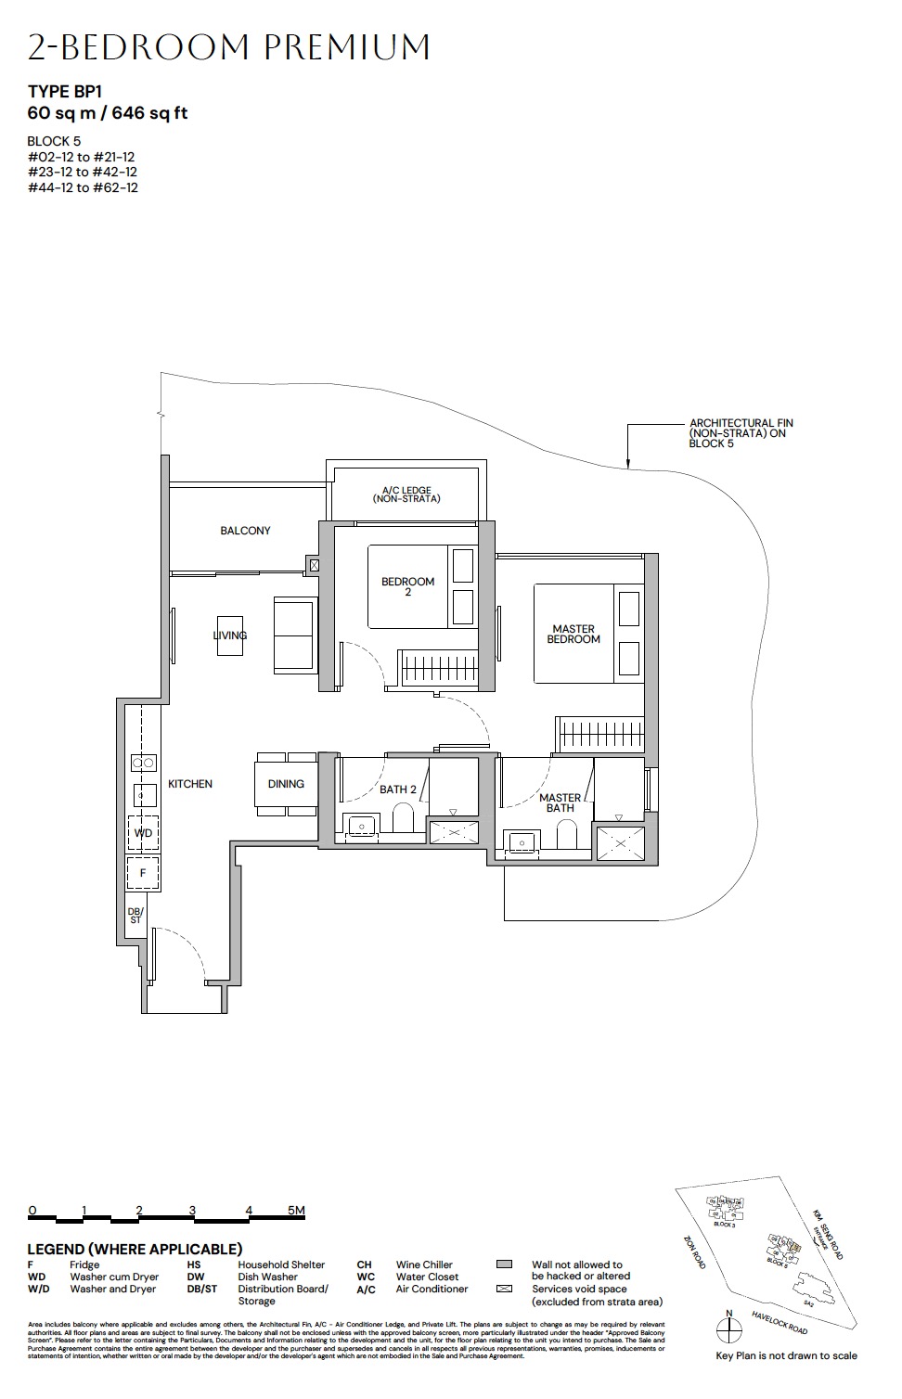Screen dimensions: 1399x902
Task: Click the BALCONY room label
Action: pyautogui.click(x=245, y=531)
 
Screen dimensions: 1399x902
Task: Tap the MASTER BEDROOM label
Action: pyautogui.click(x=573, y=635)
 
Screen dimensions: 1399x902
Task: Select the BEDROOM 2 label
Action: pyautogui.click(x=407, y=586)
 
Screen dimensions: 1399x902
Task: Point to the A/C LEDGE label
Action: pyautogui.click(x=406, y=494)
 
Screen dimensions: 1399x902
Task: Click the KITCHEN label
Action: pyautogui.click(x=190, y=784)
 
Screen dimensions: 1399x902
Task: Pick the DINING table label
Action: pyautogui.click(x=286, y=784)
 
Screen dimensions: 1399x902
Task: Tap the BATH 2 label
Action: pyautogui.click(x=398, y=789)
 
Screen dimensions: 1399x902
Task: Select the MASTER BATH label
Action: pyautogui.click(x=560, y=802)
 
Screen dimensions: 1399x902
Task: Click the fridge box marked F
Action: pyautogui.click(x=143, y=873)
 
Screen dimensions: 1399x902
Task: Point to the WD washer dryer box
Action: pyautogui.click(x=143, y=833)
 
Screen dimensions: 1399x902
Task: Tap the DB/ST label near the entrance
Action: pyautogui.click(x=135, y=916)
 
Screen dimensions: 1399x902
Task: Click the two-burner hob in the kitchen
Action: pyautogui.click(x=143, y=763)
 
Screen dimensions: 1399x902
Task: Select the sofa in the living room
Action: pyautogui.click(x=294, y=635)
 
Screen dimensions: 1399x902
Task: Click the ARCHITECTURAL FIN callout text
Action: pyautogui.click(x=741, y=433)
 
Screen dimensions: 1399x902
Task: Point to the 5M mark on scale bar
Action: pyautogui.click(x=295, y=1211)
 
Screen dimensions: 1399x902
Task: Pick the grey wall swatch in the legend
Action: pyautogui.click(x=505, y=1264)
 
